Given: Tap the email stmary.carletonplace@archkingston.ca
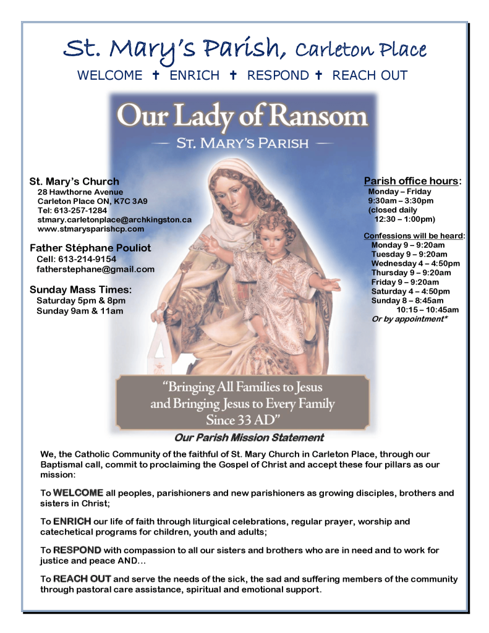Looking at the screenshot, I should pos(114,219).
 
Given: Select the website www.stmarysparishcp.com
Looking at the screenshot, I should pos(91,229).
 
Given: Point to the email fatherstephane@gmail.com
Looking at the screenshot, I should pos(95,269).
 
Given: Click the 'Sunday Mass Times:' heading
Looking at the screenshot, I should pos(80,289).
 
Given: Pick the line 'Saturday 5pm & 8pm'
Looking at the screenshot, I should pos(81,300).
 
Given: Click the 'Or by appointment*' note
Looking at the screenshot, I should pos(409,319).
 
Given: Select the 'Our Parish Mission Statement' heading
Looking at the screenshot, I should pos(249,438).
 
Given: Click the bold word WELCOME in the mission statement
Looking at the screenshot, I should pos(78,493).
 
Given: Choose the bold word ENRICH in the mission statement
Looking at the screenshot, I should pos(72,522).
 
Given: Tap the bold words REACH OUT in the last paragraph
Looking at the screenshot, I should pos(82,579).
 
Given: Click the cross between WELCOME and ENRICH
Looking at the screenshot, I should pos(156,75).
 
